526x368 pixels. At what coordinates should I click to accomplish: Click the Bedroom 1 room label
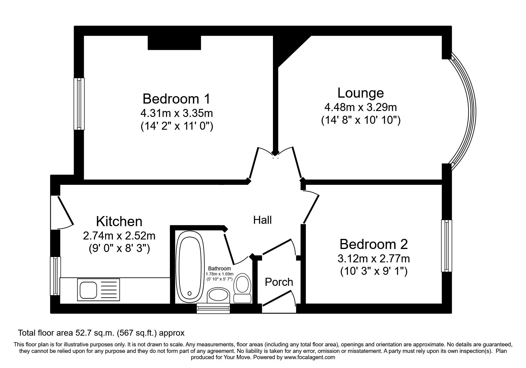[176, 99]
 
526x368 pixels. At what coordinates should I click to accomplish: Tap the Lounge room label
[361, 93]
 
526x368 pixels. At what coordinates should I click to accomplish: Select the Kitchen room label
[119, 221]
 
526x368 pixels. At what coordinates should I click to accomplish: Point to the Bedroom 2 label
[374, 244]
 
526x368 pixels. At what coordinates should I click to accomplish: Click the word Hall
[263, 220]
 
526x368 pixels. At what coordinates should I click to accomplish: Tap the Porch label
[279, 282]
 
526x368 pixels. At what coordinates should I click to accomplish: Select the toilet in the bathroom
[242, 288]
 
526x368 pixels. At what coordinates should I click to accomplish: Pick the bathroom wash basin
[218, 296]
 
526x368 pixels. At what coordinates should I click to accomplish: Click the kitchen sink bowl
[88, 289]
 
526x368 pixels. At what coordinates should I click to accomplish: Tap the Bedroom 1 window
[79, 104]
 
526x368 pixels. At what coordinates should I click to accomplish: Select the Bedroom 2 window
[446, 246]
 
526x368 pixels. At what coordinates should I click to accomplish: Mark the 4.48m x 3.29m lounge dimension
[361, 107]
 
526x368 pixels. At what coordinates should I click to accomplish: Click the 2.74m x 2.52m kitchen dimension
[119, 236]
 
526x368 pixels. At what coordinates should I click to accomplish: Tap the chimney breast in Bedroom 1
[174, 42]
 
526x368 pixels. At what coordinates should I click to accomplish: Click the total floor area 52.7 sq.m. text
[101, 333]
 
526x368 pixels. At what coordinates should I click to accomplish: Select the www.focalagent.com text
[309, 357]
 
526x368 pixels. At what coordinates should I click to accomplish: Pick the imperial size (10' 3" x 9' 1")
[374, 271]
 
